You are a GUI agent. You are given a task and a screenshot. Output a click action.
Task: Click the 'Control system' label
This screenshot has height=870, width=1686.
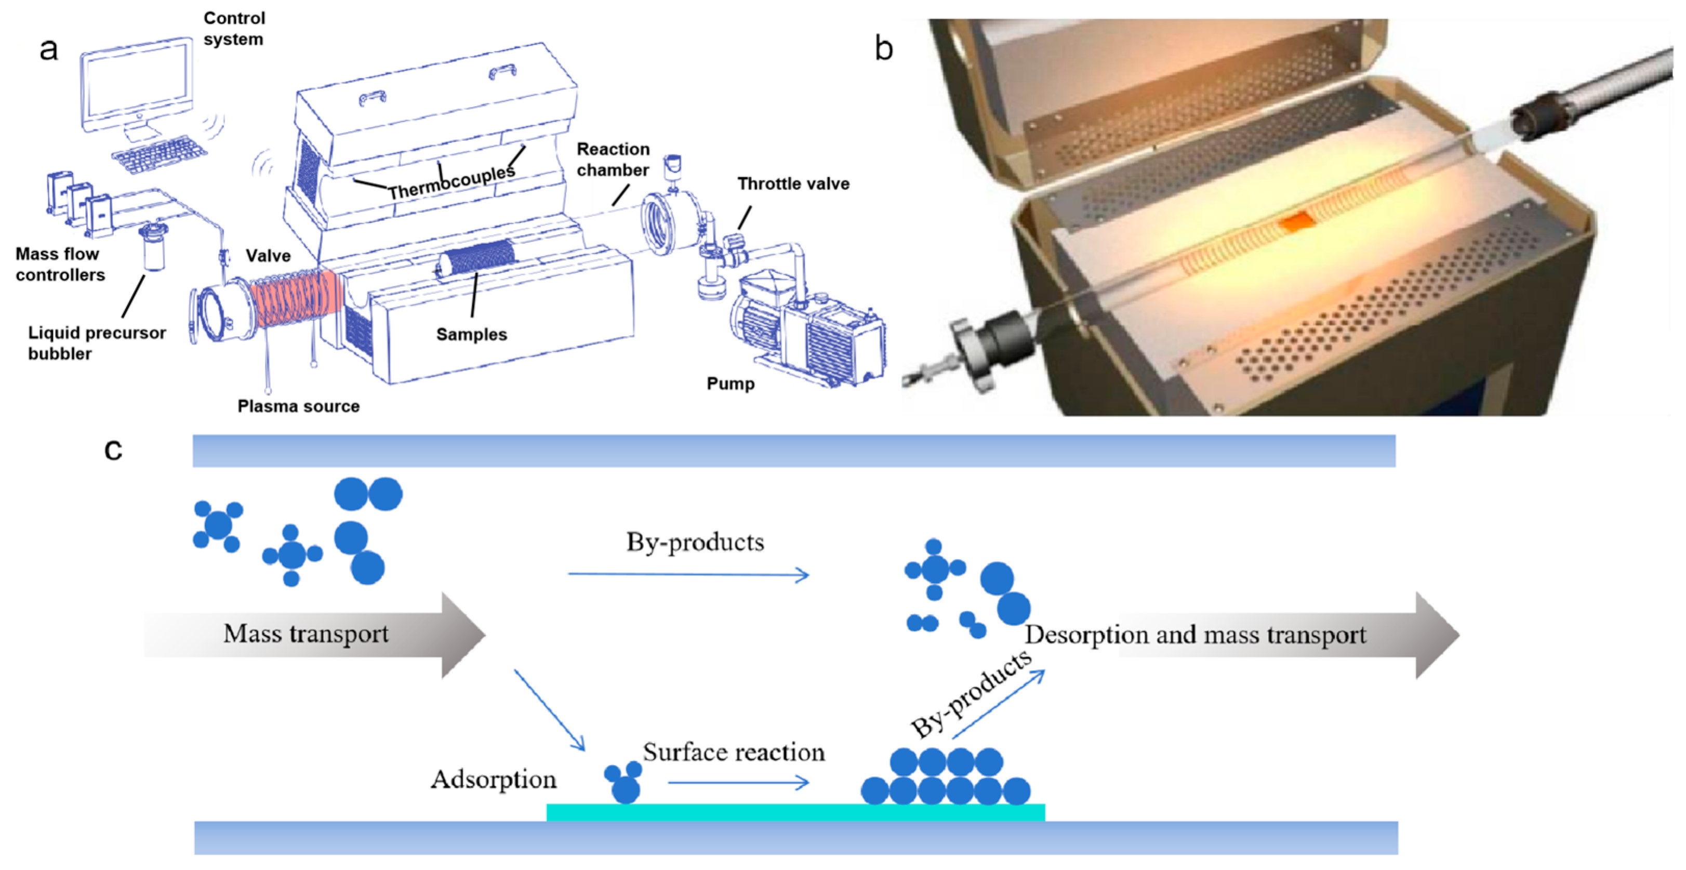pos(234,28)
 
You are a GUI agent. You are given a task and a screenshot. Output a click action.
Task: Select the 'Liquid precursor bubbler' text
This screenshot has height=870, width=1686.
pos(96,342)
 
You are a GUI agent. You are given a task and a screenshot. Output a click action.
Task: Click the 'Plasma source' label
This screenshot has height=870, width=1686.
pos(298,406)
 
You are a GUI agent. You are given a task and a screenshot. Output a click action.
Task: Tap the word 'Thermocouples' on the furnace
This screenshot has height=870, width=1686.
pos(452,182)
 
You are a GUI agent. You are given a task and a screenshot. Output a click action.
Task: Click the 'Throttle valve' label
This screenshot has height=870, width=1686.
pos(793,184)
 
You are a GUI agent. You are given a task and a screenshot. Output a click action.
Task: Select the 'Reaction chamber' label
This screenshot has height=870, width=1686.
pos(613,159)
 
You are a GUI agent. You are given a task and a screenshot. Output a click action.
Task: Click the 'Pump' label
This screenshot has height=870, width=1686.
pos(731,384)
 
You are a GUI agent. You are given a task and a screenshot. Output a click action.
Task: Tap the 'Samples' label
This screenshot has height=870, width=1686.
pos(471,335)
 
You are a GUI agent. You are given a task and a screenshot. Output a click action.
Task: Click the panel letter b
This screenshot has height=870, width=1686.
pos(884,48)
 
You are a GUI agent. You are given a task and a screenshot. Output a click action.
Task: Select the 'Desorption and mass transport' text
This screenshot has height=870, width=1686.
pos(1195,635)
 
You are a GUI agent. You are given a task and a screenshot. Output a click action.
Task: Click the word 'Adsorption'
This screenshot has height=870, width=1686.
pos(494,779)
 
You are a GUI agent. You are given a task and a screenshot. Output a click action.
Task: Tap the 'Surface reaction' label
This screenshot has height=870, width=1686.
pos(734,752)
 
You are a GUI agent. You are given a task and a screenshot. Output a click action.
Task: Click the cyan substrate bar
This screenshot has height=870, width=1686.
pos(795,812)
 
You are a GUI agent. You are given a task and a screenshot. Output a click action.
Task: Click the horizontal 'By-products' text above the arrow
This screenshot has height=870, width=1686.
pos(695,542)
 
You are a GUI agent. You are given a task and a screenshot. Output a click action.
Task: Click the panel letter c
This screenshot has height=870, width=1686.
pos(113,449)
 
